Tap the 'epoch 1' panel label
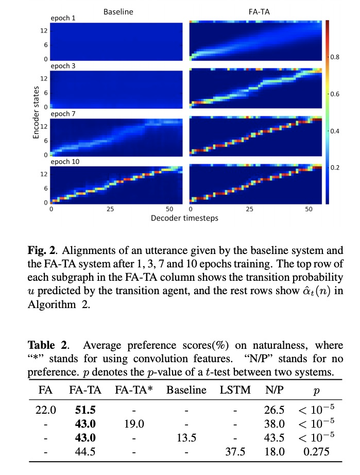point(63,19)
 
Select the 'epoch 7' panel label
point(63,114)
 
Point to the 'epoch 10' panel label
point(65,162)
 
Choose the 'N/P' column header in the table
point(274,389)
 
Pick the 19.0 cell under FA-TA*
point(134,425)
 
